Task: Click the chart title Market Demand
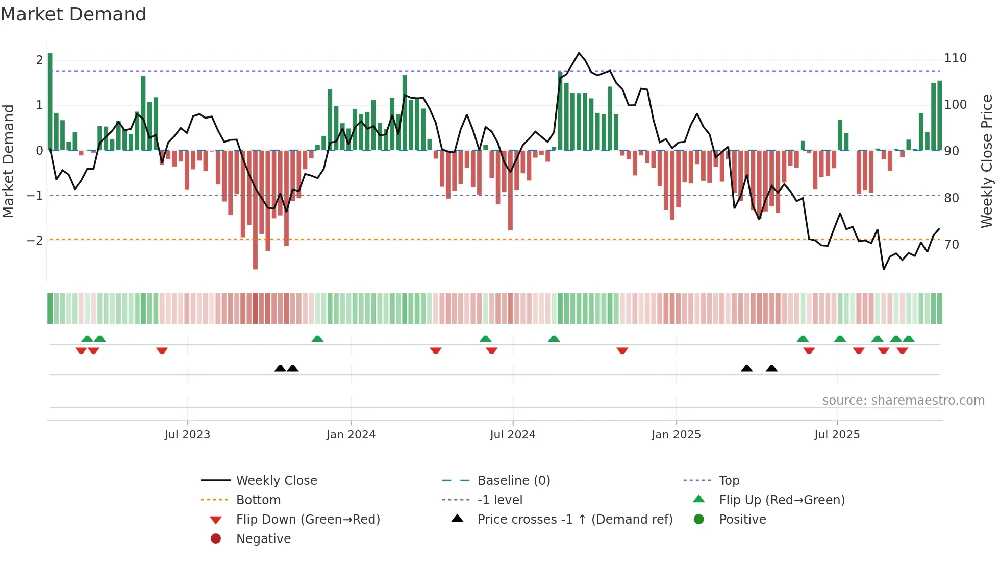(73, 14)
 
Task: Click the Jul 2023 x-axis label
(187, 434)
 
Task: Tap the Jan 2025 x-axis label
(676, 434)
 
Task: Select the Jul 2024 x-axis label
(512, 434)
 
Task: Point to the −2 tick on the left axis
(35, 240)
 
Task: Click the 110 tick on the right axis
(955, 58)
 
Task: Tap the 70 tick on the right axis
(952, 244)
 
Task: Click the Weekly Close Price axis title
(987, 161)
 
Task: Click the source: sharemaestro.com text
(903, 400)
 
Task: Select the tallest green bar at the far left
(50, 102)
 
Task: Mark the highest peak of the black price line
(579, 53)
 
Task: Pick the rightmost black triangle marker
(771, 368)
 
